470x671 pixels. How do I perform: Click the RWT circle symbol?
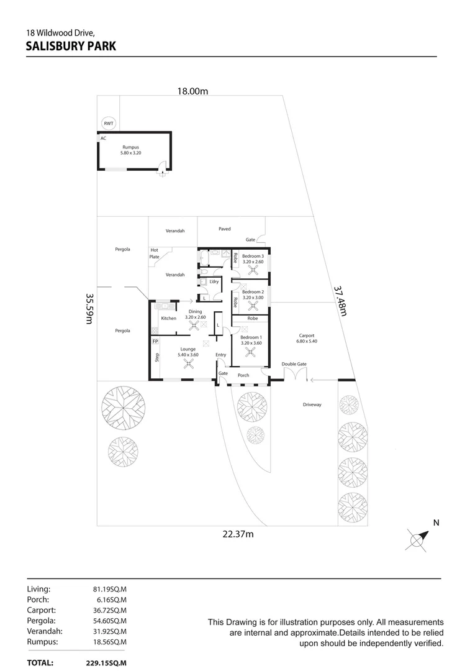click(109, 124)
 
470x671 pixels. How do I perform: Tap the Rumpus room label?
click(131, 147)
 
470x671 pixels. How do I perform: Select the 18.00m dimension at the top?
click(192, 91)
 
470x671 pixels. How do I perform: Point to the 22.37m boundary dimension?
click(238, 534)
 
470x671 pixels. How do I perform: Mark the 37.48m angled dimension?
click(339, 301)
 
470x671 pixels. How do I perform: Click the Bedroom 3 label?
click(253, 257)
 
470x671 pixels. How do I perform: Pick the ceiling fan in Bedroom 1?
click(250, 352)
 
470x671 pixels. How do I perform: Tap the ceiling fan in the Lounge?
click(187, 365)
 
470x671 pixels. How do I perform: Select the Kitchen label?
click(168, 319)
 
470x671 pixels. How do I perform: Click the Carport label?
click(307, 335)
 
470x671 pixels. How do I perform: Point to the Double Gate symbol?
click(295, 375)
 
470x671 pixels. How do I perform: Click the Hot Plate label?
click(154, 253)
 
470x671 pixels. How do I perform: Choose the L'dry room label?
click(214, 282)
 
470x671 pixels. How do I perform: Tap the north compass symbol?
click(418, 538)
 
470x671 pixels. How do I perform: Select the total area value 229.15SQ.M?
click(106, 663)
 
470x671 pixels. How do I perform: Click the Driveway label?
click(312, 404)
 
